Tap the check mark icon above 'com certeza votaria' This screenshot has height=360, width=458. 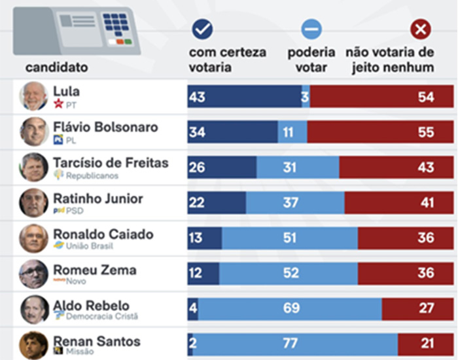(202, 29)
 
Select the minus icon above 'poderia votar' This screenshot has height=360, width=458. (311, 29)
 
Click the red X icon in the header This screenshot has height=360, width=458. (420, 29)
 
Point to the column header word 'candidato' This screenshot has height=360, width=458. (56, 67)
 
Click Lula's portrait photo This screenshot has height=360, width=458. (33, 96)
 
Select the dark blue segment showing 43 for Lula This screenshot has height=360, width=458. (244, 97)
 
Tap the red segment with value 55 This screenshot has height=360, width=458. (380, 132)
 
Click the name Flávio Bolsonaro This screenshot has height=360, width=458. (105, 127)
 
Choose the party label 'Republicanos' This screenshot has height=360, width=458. (92, 175)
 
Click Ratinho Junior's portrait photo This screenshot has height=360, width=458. (33, 203)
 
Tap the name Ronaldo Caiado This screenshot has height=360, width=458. (103, 234)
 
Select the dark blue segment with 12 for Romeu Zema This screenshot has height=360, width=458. (203, 273)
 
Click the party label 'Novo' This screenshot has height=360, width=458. (75, 281)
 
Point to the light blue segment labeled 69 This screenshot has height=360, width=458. (290, 308)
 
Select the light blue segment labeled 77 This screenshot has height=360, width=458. (295, 344)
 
